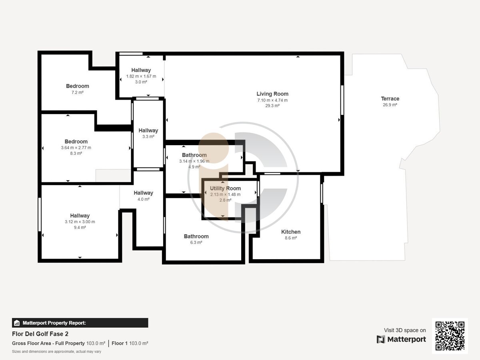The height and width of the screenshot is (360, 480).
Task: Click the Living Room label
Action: (x=272, y=94)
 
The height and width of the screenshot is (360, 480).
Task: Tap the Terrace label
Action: (x=390, y=98)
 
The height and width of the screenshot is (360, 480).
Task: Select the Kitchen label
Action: (x=291, y=232)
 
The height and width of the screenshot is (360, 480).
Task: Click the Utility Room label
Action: (x=225, y=188)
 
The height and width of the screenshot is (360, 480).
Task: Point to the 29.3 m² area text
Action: (x=272, y=106)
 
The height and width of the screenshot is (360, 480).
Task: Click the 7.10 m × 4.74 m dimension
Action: (x=272, y=100)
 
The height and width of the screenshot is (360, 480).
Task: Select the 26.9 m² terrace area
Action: (x=390, y=105)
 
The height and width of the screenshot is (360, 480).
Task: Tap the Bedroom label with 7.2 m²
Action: (x=78, y=86)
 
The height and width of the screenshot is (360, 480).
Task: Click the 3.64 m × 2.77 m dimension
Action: (x=76, y=148)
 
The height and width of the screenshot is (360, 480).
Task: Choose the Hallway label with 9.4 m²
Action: (x=80, y=216)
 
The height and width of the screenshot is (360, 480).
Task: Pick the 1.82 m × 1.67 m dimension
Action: (x=141, y=76)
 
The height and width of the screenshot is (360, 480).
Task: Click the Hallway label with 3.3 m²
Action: (x=148, y=130)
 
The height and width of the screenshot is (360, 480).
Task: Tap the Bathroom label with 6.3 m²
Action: (x=196, y=236)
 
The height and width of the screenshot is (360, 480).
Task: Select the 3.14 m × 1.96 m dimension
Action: (x=194, y=161)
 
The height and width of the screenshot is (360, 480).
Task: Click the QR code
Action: (x=450, y=336)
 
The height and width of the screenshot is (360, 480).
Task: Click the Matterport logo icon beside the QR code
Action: (x=381, y=340)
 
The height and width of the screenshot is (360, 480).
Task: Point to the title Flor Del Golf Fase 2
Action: (x=40, y=334)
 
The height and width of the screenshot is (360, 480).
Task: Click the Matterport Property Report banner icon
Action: (x=17, y=323)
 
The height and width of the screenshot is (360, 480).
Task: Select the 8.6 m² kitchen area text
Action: (x=291, y=238)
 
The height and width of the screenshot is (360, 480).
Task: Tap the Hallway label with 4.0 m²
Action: (x=144, y=193)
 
